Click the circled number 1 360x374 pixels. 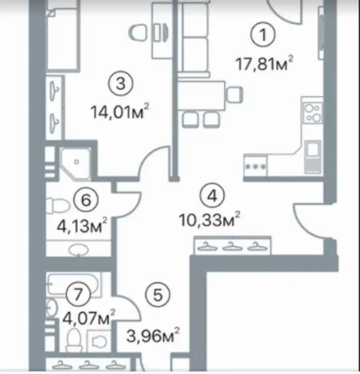pos(263,34)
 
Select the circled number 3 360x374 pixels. pos(120,84)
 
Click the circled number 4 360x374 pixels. pos(212,197)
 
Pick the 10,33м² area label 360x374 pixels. pos(209,219)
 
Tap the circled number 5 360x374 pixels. pos(157,295)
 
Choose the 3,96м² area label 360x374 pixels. pos(153,335)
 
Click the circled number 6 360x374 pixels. pos(86,200)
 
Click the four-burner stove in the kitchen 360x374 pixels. pos(313,114)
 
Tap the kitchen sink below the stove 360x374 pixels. pos(313,157)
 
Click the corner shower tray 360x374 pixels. pos(76,163)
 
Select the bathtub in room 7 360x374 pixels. pos(74,284)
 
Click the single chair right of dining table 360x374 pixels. pos(235,95)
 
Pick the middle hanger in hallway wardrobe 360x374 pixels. pos(232,247)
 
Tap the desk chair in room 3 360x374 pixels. pos(138,33)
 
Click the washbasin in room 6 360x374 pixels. pos(79,250)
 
